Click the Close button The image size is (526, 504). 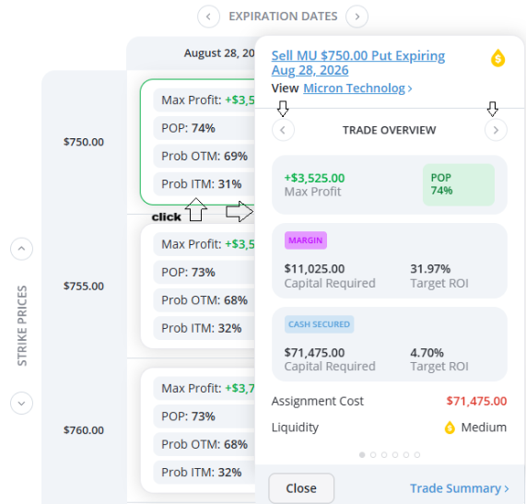tap(301, 488)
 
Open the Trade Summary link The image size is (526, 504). tap(460, 488)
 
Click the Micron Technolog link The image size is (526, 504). tap(357, 88)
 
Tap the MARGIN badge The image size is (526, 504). tap(306, 240)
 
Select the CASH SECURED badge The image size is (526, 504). tap(319, 324)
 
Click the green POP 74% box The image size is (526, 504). tap(459, 184)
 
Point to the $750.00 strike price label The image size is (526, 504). tap(84, 142)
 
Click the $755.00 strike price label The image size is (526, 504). tap(84, 287)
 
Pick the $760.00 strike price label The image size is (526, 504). tap(84, 430)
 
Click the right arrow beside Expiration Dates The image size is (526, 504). tap(357, 17)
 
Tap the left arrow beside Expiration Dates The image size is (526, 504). tap(209, 17)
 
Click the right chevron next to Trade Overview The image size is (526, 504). tap(496, 130)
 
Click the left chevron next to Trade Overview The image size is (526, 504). tap(283, 130)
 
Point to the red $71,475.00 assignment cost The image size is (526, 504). tap(476, 401)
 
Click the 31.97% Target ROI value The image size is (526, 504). tap(430, 269)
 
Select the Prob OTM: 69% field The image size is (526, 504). tap(205, 156)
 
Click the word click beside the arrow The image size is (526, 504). tap(167, 217)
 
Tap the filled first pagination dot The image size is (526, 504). tap(362, 454)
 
